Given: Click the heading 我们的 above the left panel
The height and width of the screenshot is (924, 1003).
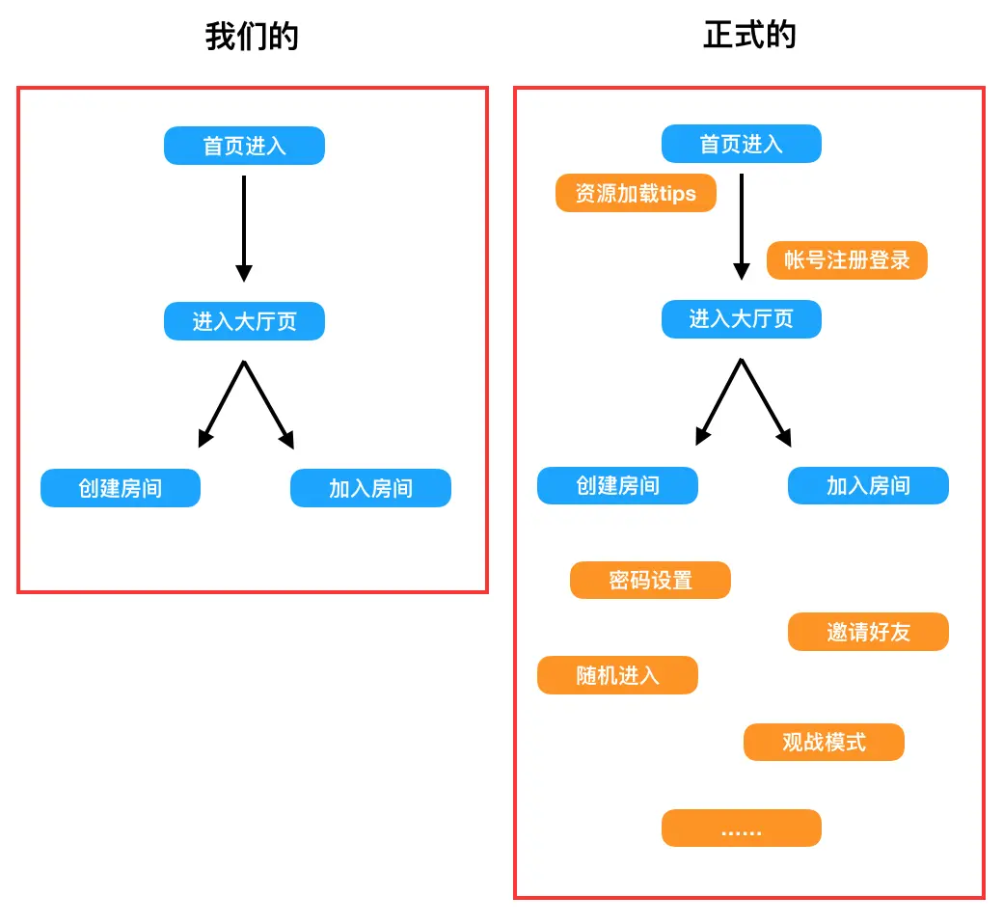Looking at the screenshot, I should point(252,37).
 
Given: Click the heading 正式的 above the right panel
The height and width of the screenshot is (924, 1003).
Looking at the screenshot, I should point(749,35).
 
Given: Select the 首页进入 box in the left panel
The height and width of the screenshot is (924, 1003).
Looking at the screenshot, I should point(244,146).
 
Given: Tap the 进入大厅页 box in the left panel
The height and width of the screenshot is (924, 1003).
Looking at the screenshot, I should point(244,321).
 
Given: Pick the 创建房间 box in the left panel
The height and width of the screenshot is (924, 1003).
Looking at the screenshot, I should point(121,488).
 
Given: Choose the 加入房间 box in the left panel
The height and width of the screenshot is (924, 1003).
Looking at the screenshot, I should point(370,488).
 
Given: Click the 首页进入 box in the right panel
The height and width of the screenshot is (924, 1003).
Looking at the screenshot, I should point(741,144).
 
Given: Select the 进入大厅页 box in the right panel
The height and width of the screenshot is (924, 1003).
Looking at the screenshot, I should point(741,319).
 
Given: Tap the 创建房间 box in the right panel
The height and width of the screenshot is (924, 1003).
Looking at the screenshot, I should point(617,485).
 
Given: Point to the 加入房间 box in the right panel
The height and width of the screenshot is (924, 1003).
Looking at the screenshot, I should point(868,485).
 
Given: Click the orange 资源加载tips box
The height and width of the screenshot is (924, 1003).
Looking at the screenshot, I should point(636,193).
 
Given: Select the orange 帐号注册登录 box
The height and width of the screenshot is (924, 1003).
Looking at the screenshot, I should point(847,260).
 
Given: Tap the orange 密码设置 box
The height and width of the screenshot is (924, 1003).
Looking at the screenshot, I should point(650,580).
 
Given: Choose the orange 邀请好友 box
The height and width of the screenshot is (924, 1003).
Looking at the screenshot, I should point(868,632).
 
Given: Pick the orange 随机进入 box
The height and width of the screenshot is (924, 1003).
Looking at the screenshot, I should point(617,675).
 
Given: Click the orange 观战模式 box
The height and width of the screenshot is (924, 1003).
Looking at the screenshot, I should point(824,742).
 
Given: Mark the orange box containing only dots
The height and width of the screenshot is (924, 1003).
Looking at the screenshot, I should point(741,829).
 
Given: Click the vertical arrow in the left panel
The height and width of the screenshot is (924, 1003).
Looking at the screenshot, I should point(244,230).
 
